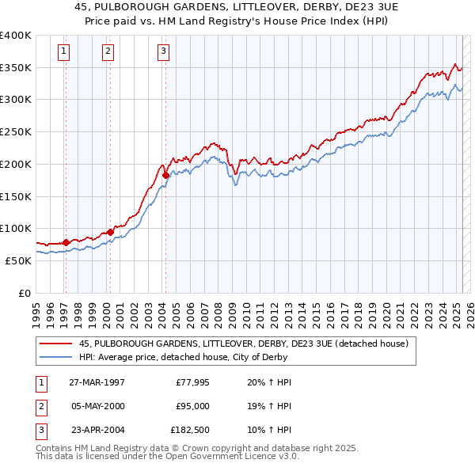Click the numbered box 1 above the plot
pyautogui.click(x=63, y=52)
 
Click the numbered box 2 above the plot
pyautogui.click(x=108, y=52)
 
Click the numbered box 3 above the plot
pyautogui.click(x=163, y=52)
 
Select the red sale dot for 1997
pyautogui.click(x=66, y=242)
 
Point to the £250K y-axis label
pyautogui.click(x=16, y=132)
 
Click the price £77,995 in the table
pyautogui.click(x=189, y=382)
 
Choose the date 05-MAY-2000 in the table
pyautogui.click(x=97, y=406)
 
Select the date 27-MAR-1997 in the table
pyautogui.click(x=97, y=382)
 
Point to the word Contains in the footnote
pyautogui.click(x=55, y=449)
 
